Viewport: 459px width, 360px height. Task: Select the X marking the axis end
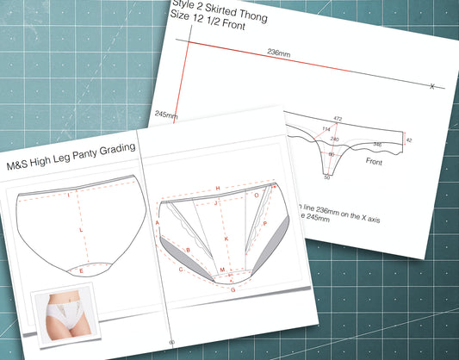click(431, 85)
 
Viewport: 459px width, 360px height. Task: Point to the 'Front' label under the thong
click(375, 161)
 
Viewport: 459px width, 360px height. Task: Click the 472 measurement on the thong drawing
click(338, 119)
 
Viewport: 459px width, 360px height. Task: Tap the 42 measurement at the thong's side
click(409, 139)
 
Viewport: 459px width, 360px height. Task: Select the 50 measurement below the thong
click(327, 177)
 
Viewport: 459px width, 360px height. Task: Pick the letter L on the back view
click(81, 231)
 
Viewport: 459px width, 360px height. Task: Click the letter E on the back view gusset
click(81, 271)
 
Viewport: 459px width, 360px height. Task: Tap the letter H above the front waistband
click(218, 188)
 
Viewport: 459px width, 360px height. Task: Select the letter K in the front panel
click(226, 237)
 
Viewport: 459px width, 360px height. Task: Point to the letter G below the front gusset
click(232, 290)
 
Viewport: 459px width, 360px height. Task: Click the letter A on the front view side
click(158, 221)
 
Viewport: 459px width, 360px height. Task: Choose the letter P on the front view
click(264, 223)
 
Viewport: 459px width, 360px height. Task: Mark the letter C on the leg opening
click(180, 269)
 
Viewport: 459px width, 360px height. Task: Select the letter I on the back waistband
click(68, 196)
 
